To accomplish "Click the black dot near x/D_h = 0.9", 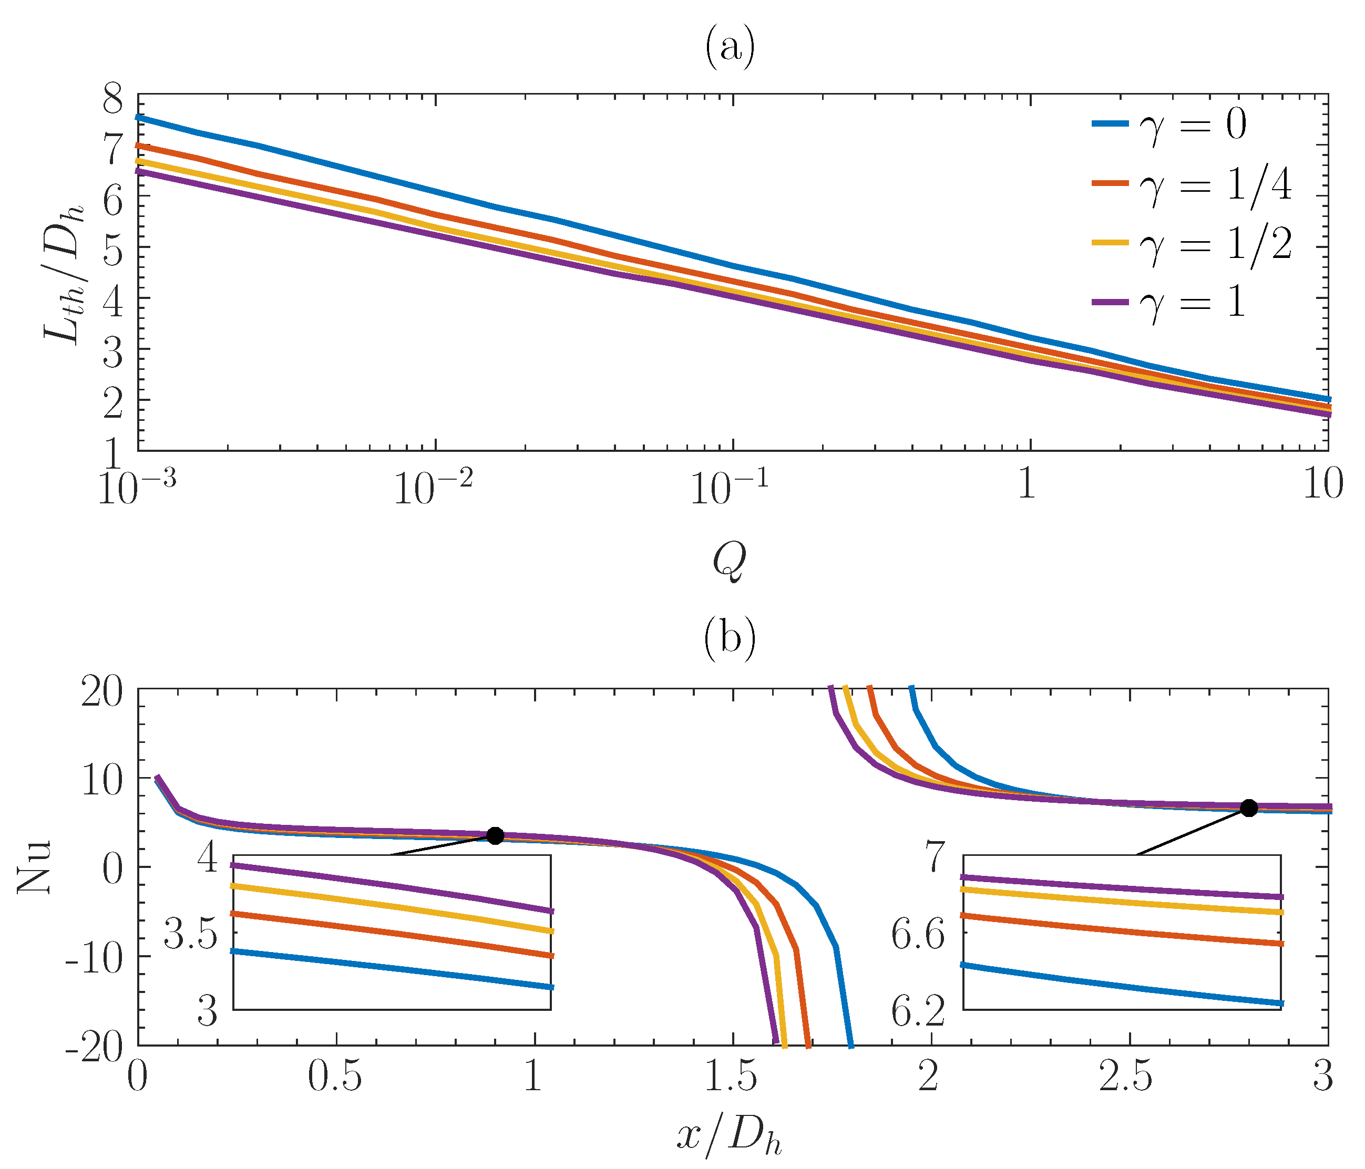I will pyautogui.click(x=496, y=836).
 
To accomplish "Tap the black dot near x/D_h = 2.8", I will pyautogui.click(x=1248, y=808).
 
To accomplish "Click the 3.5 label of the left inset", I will pyautogui.click(x=191, y=937).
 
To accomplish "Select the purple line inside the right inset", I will pyautogui.click(x=1120, y=886).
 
